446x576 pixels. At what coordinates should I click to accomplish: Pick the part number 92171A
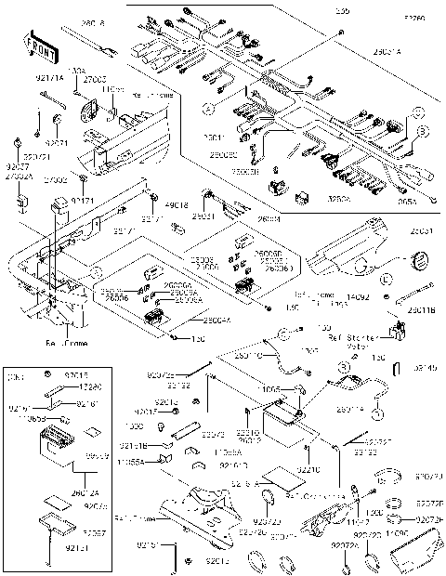pos(50,81)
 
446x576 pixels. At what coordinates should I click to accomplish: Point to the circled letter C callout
pos(418,113)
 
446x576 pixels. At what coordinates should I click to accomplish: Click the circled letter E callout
pos(387,277)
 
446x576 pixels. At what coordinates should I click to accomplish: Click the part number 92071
pos(57,144)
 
